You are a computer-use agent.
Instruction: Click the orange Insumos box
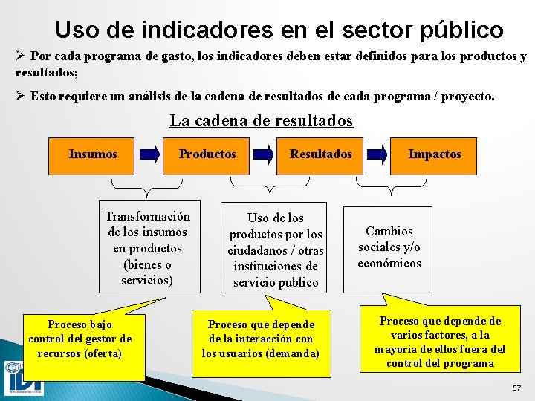pyautogui.click(x=93, y=154)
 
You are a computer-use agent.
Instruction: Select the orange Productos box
pyautogui.click(x=207, y=154)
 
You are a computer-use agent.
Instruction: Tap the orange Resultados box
pyautogui.click(x=321, y=154)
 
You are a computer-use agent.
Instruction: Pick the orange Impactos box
pyautogui.click(x=435, y=154)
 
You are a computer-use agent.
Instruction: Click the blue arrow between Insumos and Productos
pyautogui.click(x=151, y=154)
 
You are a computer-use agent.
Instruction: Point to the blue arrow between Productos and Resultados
pyautogui.click(x=265, y=154)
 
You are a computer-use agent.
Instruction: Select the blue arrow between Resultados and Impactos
pyautogui.click(x=378, y=154)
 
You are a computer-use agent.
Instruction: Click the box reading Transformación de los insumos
pyautogui.click(x=149, y=247)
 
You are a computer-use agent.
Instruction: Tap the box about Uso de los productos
pyautogui.click(x=276, y=250)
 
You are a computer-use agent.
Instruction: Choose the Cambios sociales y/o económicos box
pyautogui.click(x=389, y=247)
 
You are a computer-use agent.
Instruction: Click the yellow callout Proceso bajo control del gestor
pyautogui.click(x=80, y=339)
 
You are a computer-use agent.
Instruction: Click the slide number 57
pyautogui.click(x=516, y=388)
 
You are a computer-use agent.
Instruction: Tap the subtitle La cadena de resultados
pyautogui.click(x=261, y=120)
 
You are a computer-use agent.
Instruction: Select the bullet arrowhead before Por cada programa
pyautogui.click(x=21, y=56)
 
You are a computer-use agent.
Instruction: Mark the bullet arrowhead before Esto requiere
pyautogui.click(x=21, y=97)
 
